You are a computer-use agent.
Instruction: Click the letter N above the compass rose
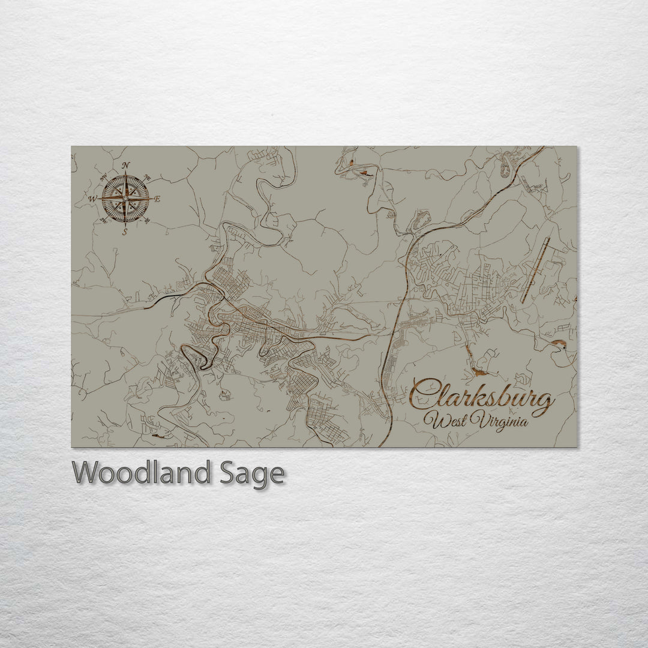[x=125, y=166]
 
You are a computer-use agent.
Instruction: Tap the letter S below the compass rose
[x=125, y=232]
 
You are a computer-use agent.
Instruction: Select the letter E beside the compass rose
[x=157, y=199]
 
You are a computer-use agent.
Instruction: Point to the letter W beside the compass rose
[x=92, y=199]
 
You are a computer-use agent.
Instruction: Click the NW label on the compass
[x=104, y=176]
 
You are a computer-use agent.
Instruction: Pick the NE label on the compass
[x=147, y=176]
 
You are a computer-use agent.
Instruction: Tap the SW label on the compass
[x=104, y=220]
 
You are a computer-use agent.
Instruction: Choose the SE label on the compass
[x=147, y=221]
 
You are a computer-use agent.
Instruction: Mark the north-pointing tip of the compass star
[x=125, y=173]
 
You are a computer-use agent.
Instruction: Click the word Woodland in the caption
[x=141, y=474]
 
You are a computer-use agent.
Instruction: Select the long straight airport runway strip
[x=535, y=271]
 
